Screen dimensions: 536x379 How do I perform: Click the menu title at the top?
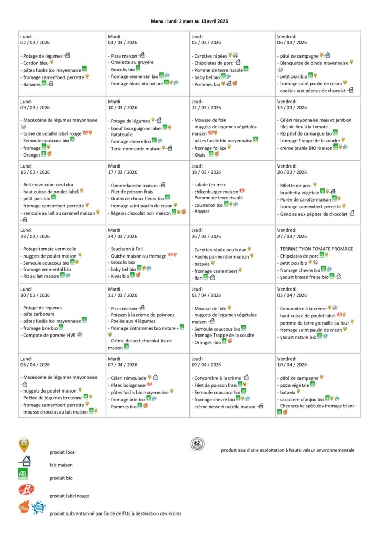[x=189, y=21]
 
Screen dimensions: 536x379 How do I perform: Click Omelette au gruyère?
[x=130, y=62]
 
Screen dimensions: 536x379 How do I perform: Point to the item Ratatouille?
[x=122, y=135]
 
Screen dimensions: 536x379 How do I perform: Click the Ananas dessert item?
[x=202, y=211]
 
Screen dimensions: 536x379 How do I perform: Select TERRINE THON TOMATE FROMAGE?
[x=316, y=249]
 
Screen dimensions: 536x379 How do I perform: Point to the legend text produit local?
[x=63, y=452]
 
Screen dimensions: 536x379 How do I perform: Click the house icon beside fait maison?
[x=24, y=462]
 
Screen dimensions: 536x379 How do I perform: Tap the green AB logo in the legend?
[x=23, y=475]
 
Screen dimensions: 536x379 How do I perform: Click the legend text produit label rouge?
[x=70, y=495]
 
